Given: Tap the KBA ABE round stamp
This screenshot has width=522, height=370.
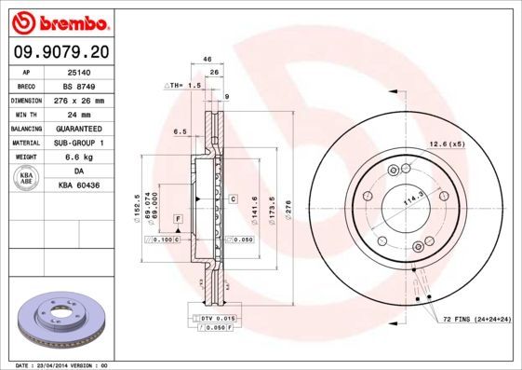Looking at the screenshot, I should click(x=27, y=179).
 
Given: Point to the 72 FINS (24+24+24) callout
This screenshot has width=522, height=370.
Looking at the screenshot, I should click(x=476, y=320).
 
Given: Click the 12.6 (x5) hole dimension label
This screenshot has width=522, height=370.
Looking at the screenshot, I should click(x=447, y=143).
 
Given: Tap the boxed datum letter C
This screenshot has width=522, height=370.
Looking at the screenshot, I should click(x=232, y=199).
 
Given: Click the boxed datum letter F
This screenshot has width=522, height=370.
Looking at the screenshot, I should click(x=176, y=219).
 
